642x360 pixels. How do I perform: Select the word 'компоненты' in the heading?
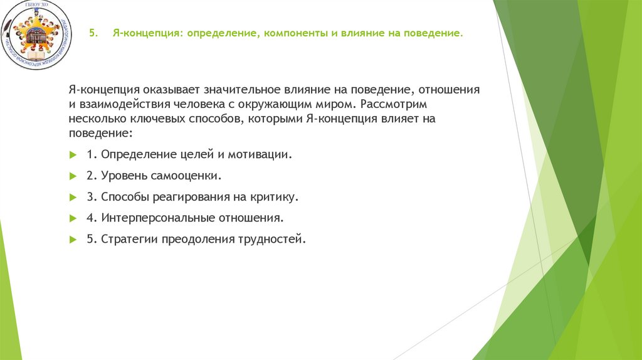click(290, 34)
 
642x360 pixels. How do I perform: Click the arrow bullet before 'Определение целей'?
click(73, 154)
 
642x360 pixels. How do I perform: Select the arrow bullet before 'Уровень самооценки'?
click(73, 176)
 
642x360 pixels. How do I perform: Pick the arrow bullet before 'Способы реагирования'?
click(73, 197)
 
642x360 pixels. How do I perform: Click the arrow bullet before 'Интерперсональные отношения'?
click(73, 218)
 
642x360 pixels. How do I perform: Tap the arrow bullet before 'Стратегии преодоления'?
click(73, 240)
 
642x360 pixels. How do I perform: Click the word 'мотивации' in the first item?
click(263, 154)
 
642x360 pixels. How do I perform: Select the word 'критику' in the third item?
click(275, 197)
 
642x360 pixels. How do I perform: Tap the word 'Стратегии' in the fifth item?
click(129, 240)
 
